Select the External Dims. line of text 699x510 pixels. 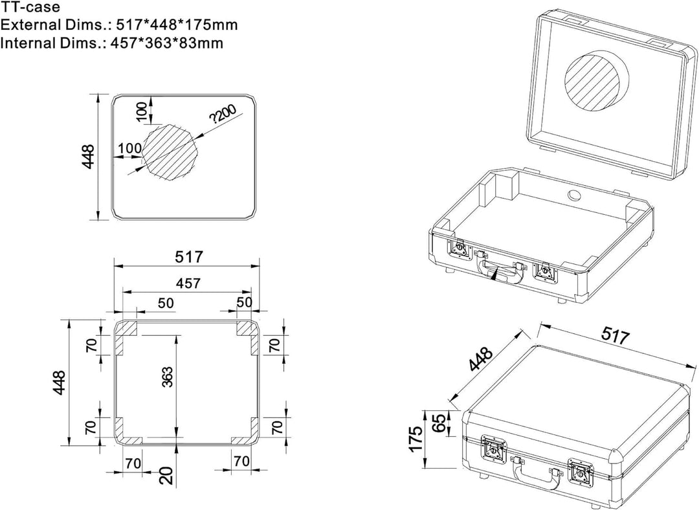click(119, 26)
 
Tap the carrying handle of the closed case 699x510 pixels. click(537, 476)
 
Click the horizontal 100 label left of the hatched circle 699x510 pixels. click(129, 148)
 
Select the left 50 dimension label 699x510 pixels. click(148, 303)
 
